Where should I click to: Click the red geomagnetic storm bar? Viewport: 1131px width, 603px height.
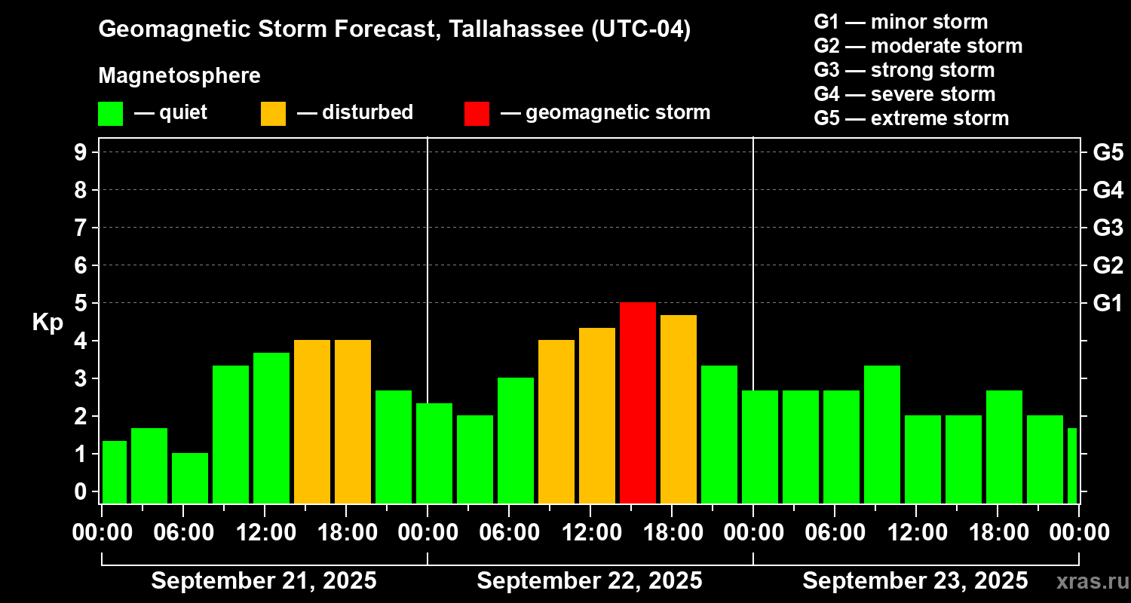pos(638,403)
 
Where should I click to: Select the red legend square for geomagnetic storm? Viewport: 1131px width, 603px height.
pos(477,113)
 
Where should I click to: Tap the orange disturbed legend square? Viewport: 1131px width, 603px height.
pos(273,113)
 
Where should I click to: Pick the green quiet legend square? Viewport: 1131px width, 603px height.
pos(110,113)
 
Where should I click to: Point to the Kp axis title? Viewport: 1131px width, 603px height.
pos(48,322)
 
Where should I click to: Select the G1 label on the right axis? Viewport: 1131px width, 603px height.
pos(1108,303)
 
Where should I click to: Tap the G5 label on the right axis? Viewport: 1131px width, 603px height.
pos(1108,152)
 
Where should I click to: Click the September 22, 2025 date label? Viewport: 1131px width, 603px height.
pos(590,580)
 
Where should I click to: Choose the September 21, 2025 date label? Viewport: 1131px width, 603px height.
pos(264,580)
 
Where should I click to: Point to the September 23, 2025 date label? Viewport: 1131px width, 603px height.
pos(915,580)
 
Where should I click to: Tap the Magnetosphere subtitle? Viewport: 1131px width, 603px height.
pos(179,76)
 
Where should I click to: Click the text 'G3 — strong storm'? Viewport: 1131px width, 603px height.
pos(904,70)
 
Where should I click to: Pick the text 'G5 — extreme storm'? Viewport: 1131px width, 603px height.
pos(911,118)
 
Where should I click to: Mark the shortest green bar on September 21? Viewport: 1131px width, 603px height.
pos(190,478)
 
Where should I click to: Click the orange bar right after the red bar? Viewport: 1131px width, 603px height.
pos(679,409)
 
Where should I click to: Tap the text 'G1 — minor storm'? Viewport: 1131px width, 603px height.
pos(900,22)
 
